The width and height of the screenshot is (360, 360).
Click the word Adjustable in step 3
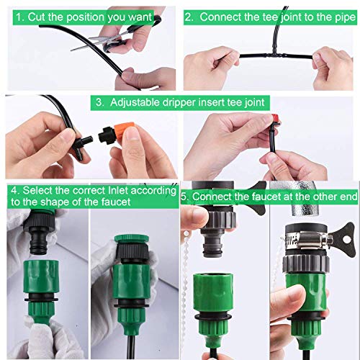coord(138,102)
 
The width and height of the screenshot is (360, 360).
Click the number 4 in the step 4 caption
coord(14,191)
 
